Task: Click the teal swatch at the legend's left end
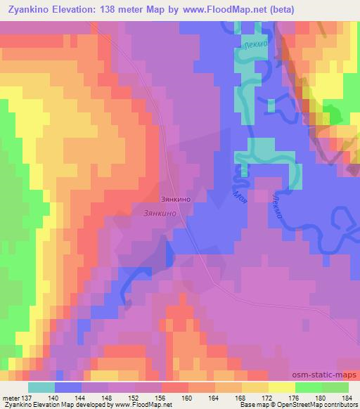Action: click(x=41, y=387)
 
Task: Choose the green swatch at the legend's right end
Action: click(x=334, y=387)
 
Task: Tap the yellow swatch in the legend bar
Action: click(x=281, y=387)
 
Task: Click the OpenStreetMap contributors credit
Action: click(x=326, y=405)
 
